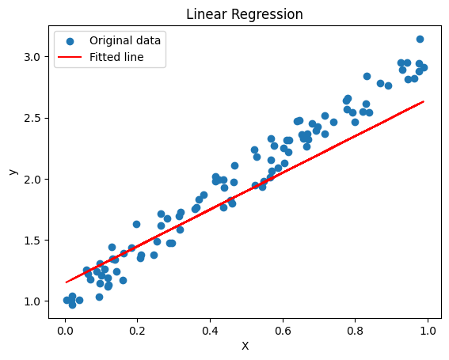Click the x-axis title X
[245, 346]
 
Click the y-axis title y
[12, 171]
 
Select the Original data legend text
[125, 40]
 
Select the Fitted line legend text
[116, 57]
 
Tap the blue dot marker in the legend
[71, 40]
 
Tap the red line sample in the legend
[71, 57]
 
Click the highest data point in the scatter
[420, 39]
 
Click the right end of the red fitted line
[424, 101]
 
